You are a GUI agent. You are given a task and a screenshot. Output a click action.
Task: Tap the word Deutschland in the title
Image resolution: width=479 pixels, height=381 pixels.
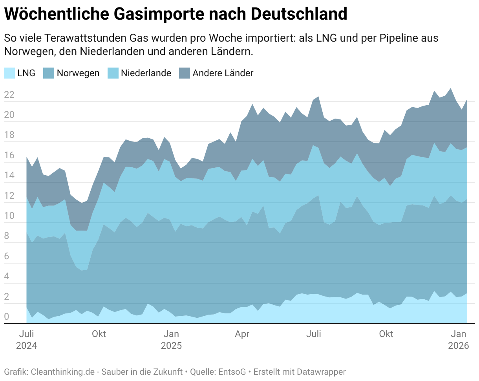[x=299, y=14]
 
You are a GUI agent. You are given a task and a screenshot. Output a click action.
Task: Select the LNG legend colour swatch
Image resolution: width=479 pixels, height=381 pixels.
[x=9, y=73]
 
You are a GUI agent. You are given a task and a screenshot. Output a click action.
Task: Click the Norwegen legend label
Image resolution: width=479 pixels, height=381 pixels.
[x=78, y=73]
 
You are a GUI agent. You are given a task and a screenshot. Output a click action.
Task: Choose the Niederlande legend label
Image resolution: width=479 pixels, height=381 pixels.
[x=146, y=73]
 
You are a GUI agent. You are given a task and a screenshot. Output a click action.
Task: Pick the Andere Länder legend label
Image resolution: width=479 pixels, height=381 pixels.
[x=223, y=73]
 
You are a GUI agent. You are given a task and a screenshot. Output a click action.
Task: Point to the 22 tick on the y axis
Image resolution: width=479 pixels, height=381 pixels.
[x=9, y=95]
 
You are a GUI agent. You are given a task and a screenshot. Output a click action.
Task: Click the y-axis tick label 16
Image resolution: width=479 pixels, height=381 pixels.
[x=9, y=155]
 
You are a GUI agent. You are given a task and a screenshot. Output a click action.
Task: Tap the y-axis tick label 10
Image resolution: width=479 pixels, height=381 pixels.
[x=9, y=216]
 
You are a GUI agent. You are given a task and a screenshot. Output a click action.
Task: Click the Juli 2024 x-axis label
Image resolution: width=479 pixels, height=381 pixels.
[x=27, y=340]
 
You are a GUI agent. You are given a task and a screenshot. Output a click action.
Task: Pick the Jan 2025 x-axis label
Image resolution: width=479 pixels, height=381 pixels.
[x=171, y=340]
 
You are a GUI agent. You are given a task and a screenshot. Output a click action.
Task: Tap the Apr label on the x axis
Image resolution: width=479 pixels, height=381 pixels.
[x=242, y=334]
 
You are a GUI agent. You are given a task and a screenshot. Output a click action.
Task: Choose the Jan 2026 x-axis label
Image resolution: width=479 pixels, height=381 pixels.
[x=459, y=340]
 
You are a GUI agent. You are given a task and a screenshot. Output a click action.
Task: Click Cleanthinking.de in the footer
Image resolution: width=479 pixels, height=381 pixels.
[x=62, y=372]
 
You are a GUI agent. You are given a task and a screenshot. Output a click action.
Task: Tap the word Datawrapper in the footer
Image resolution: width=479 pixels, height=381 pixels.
[x=321, y=372]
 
